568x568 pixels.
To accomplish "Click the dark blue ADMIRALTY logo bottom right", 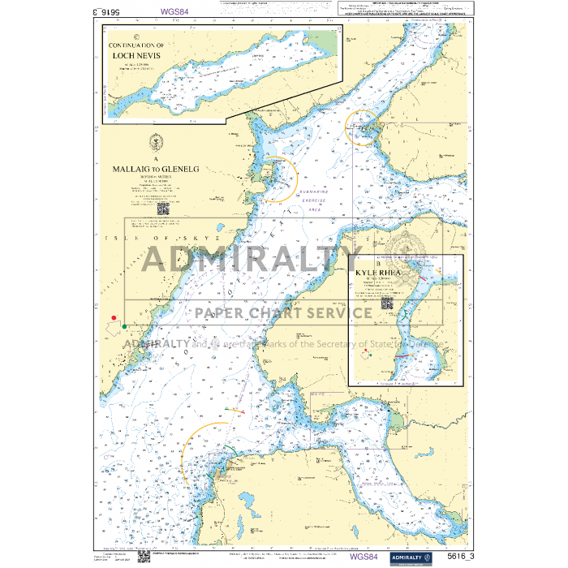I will (x=414, y=557).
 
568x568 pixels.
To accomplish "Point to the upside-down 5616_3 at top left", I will (x=84, y=12).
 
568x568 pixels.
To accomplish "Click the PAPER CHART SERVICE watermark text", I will (x=280, y=312).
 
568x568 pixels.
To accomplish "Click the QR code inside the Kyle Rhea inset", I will (x=387, y=304).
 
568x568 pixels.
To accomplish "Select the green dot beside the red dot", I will (x=124, y=326).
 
